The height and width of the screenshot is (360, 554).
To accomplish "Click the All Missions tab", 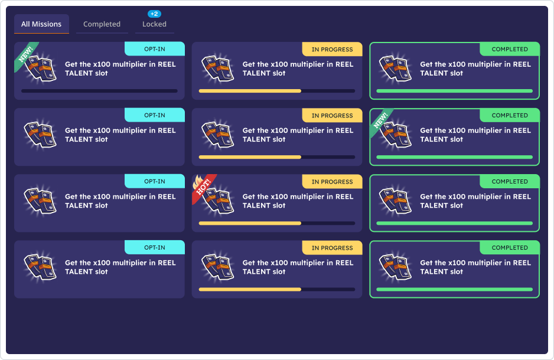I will [41, 24].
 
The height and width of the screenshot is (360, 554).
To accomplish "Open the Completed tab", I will [102, 24].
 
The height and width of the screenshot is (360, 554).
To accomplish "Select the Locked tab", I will [154, 24].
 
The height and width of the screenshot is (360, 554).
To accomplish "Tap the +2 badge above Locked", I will [154, 14].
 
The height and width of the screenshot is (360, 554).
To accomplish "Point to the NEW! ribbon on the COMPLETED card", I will [382, 119].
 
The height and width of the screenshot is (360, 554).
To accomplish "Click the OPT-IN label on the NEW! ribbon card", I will [155, 49].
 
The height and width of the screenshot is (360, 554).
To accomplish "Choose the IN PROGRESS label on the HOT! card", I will [332, 181].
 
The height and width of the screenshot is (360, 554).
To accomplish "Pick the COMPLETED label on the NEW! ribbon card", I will [510, 115].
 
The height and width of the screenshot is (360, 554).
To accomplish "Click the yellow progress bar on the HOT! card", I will [250, 223].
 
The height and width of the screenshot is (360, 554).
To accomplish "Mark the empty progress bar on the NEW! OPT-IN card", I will [99, 91].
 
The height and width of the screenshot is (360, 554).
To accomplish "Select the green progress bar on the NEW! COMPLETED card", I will [454, 157].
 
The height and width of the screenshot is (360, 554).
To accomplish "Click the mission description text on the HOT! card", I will [298, 201].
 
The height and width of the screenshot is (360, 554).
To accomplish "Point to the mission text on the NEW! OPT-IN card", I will [120, 69].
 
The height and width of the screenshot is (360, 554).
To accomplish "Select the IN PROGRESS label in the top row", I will [332, 49].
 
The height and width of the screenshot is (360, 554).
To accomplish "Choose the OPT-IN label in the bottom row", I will [155, 247].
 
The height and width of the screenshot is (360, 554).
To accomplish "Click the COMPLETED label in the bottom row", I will [510, 247].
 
